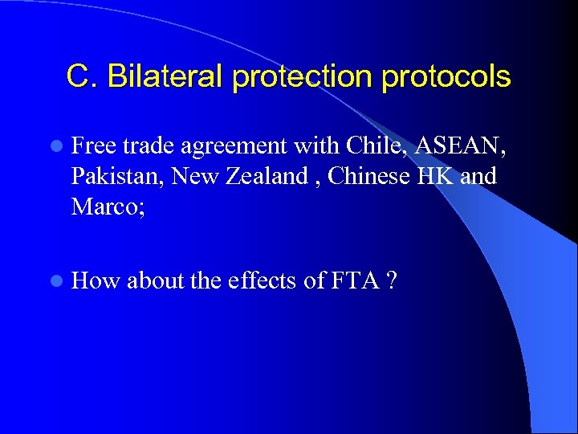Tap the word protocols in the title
(446, 77)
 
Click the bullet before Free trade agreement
(53, 146)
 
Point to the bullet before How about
(53, 281)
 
